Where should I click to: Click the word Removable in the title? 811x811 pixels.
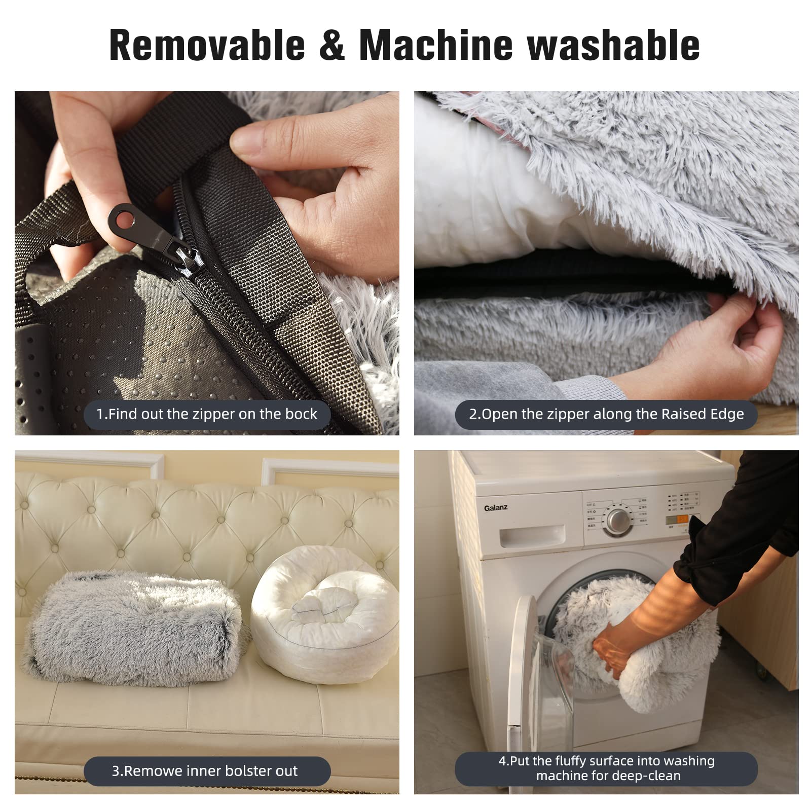pyautogui.click(x=207, y=46)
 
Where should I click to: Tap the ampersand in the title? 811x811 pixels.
pyautogui.click(x=332, y=46)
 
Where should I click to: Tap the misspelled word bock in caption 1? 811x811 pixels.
pyautogui.click(x=301, y=414)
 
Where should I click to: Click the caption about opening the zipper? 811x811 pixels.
pyautogui.click(x=606, y=414)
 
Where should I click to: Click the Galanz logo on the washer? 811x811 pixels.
pyautogui.click(x=495, y=508)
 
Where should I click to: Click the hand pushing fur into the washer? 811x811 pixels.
pyautogui.click(x=611, y=654)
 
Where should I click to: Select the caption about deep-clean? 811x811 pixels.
pyautogui.click(x=606, y=768)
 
